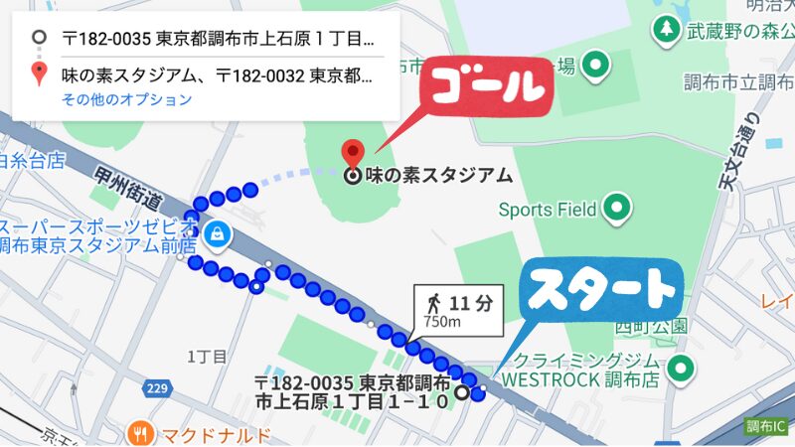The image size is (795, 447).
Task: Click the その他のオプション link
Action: coord(126,99)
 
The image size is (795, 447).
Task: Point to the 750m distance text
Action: coord(442,322)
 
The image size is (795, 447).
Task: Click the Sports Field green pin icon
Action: coord(618,209)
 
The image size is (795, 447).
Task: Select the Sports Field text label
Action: coord(547,210)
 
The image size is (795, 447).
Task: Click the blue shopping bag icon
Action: coord(216,235)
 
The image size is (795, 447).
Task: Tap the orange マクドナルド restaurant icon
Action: coord(141,434)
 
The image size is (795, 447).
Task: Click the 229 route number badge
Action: coord(154,389)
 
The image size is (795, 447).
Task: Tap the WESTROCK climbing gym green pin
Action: coord(680,369)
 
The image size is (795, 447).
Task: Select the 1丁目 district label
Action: coord(208,356)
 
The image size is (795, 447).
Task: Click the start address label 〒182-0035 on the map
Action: coord(353,392)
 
